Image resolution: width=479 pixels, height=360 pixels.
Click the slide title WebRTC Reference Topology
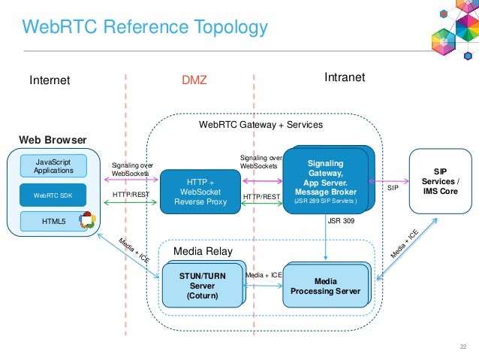(x=145, y=28)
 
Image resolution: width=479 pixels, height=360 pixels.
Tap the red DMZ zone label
(x=194, y=80)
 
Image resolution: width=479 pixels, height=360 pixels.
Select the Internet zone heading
(x=50, y=80)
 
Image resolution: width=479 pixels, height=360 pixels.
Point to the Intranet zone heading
(x=345, y=77)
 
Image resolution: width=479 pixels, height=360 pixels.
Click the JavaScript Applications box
(x=53, y=166)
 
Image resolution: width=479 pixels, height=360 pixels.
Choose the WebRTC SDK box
(x=53, y=195)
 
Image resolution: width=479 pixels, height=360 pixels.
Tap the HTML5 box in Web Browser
(x=53, y=221)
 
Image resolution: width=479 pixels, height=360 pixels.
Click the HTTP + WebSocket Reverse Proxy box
(x=200, y=192)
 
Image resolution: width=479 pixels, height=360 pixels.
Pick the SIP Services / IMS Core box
(x=441, y=181)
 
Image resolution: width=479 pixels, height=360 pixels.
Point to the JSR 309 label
(x=341, y=221)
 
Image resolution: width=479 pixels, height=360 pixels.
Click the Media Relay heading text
(x=203, y=251)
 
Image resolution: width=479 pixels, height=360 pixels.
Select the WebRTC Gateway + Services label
(x=261, y=125)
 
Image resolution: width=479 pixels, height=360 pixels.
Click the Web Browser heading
(x=53, y=140)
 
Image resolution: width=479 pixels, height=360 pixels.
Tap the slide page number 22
(x=463, y=346)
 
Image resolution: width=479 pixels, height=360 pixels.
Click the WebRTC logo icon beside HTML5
(x=87, y=220)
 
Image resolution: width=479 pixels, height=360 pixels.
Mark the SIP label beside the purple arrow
(x=393, y=188)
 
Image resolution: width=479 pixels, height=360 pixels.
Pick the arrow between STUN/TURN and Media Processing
(x=263, y=286)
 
